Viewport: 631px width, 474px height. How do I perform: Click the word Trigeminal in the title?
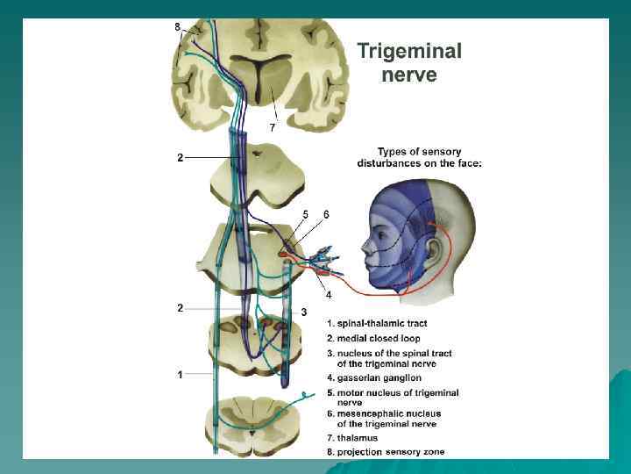pos(408,52)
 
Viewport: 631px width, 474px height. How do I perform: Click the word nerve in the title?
pos(408,75)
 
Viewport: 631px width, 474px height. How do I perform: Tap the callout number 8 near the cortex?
pos(178,27)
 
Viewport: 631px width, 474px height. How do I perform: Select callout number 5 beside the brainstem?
pos(305,214)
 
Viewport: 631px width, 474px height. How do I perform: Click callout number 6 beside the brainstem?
pos(326,214)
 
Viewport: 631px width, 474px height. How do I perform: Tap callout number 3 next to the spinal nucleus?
pos(303,312)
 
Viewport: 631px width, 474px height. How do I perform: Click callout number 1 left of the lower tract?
pos(180,375)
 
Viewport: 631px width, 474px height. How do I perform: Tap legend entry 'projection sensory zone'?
pos(385,451)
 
